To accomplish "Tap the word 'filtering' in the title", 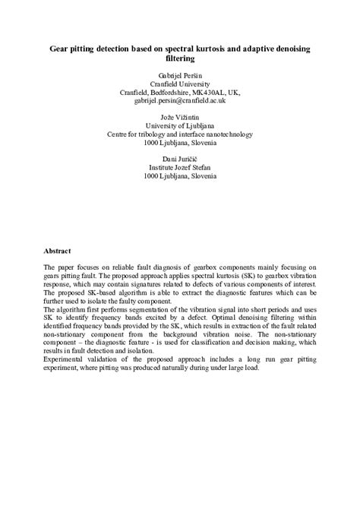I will (180, 58).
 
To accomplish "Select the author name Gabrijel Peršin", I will (180, 75).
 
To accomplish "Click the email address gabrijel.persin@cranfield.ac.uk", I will (180, 100).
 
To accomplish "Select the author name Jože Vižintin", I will (180, 118).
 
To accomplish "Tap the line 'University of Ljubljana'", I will (180, 126).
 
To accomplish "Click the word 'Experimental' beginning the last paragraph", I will (65, 360).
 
